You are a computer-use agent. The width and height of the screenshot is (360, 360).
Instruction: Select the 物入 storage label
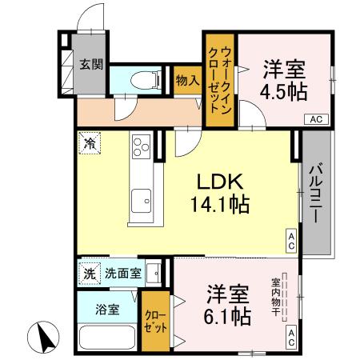click(x=187, y=80)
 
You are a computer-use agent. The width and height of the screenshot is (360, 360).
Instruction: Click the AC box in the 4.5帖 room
click(x=317, y=119)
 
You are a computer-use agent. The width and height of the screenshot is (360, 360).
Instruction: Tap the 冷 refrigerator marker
click(x=90, y=145)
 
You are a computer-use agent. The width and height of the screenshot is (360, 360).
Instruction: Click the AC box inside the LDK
click(x=292, y=240)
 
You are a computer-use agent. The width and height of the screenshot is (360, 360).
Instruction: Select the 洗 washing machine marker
click(x=90, y=273)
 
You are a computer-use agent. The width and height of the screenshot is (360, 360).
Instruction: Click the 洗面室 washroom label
click(x=125, y=273)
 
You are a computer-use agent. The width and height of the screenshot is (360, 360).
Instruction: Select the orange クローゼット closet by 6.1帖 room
click(x=156, y=321)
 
